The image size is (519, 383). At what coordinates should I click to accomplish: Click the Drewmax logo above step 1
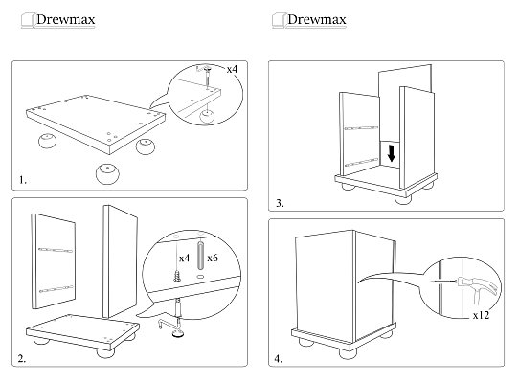click(58, 20)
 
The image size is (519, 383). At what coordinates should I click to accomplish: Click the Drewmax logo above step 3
click(309, 20)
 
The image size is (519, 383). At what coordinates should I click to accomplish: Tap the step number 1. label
click(23, 180)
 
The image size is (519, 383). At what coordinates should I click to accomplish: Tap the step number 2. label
click(22, 358)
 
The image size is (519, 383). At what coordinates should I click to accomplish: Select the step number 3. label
click(280, 203)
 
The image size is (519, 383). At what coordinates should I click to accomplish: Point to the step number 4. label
click(279, 358)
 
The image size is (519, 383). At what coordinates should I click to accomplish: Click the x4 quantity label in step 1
click(232, 69)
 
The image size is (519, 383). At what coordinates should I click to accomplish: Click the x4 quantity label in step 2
click(185, 258)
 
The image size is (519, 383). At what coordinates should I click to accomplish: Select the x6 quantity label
click(213, 258)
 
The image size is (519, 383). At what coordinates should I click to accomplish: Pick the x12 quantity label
click(481, 315)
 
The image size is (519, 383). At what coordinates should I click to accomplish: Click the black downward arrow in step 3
click(392, 153)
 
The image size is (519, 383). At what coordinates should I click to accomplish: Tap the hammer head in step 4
click(463, 282)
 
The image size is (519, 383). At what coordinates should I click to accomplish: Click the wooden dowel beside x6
click(200, 256)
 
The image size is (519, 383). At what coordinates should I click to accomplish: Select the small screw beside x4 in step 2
click(177, 276)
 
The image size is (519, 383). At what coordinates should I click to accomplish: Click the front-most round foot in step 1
click(107, 173)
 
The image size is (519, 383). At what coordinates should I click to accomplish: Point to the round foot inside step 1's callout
click(207, 117)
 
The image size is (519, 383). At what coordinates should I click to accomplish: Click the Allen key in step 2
click(168, 323)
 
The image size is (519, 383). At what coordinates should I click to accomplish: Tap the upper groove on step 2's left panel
click(56, 250)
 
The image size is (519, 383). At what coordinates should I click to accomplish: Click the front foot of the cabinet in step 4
click(348, 353)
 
